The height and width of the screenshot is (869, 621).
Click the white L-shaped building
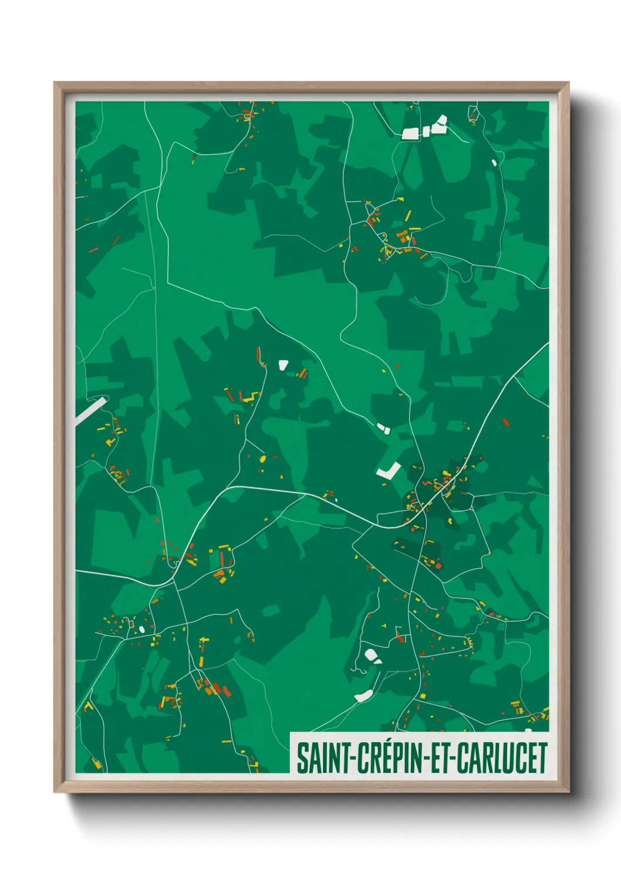tap(388, 471)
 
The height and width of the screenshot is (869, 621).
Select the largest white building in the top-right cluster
tap(410, 134)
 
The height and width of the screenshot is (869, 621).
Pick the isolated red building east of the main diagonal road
tap(505, 422)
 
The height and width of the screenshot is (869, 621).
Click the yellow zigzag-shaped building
tap(251, 397)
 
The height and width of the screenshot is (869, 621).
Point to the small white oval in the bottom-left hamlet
tap(142, 629)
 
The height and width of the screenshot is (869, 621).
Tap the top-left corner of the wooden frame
tap(55, 83)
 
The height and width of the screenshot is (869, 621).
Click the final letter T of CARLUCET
tap(542, 758)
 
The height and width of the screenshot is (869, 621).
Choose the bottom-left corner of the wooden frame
tap(55, 791)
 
